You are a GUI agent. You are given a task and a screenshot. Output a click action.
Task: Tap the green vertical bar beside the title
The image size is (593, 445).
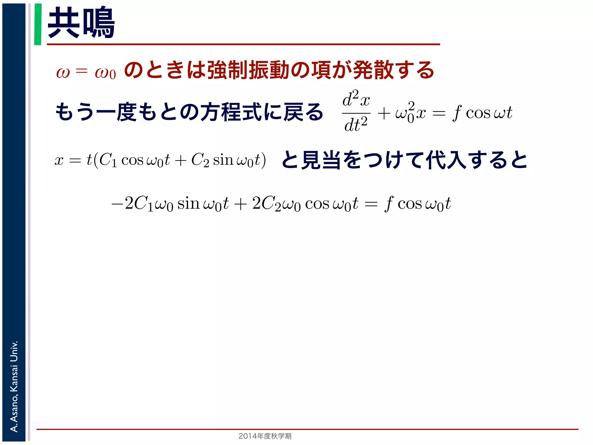[38, 24]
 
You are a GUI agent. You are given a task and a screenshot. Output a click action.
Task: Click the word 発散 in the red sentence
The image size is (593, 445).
[374, 70]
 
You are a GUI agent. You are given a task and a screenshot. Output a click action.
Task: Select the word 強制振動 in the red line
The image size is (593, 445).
[248, 70]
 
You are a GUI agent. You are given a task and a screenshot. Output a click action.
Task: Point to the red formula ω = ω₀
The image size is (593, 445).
[86, 72]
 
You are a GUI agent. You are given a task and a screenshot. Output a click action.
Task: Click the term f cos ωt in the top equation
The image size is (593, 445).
[482, 113]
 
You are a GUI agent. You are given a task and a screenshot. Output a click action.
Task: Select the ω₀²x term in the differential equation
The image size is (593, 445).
[411, 113]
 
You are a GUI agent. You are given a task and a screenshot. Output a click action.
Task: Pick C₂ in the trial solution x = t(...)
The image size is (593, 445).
[200, 160]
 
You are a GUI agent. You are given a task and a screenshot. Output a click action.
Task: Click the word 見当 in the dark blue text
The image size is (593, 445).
[321, 160]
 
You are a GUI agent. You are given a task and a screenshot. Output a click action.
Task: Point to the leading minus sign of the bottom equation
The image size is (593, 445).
[118, 204]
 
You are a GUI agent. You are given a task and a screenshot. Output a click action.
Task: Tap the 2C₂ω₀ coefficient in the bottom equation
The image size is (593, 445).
[276, 204]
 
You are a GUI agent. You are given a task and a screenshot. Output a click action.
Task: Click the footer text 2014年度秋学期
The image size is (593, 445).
[265, 436]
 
